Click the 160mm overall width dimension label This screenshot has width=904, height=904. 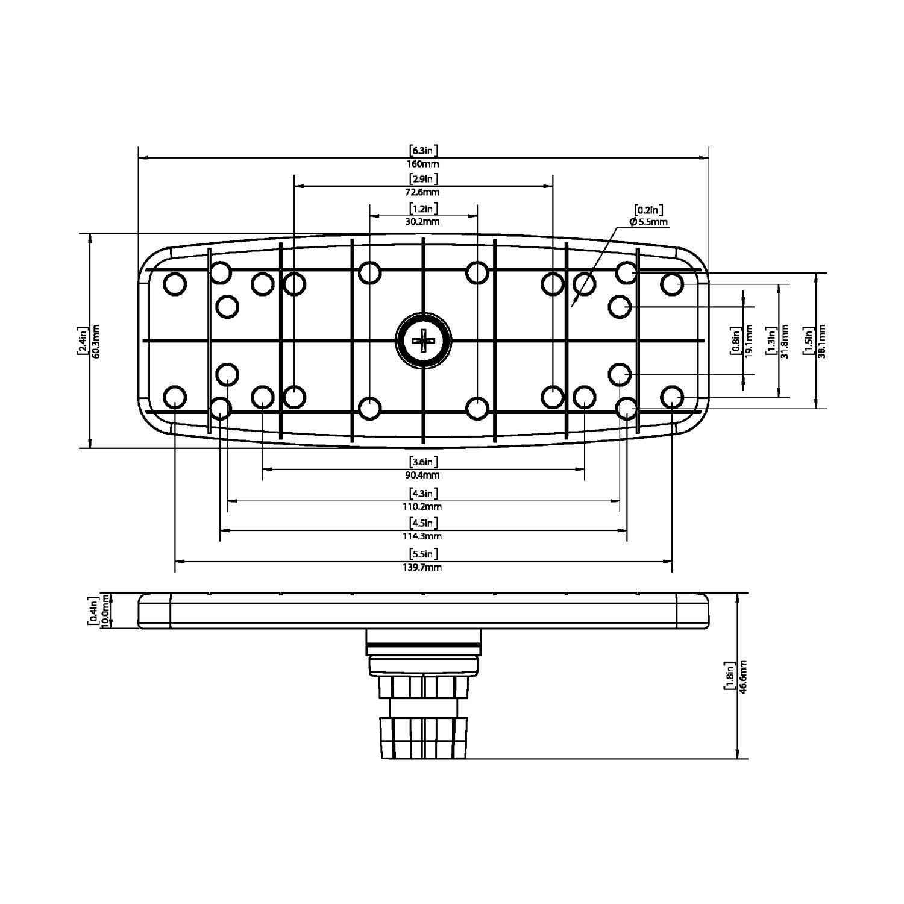[x=423, y=164]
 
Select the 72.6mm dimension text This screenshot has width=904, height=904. [x=423, y=193]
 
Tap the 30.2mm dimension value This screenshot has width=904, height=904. [x=423, y=222]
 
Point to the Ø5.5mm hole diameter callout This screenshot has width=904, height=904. [x=648, y=222]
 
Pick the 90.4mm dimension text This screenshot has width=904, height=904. [x=423, y=476]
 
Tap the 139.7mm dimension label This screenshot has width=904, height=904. [x=423, y=567]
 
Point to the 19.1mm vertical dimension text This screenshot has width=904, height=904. [x=749, y=341]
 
